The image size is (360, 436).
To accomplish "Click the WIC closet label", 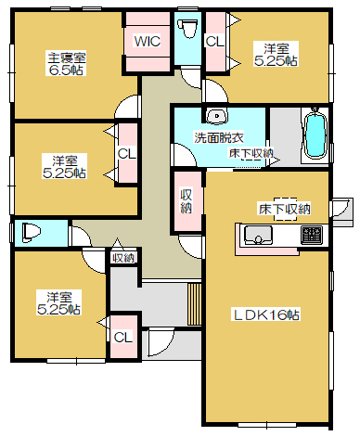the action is click(x=148, y=41).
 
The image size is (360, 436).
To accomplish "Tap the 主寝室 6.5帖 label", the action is click(x=66, y=64).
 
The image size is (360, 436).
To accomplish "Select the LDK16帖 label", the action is click(x=265, y=314).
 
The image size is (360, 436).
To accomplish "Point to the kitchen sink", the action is click(x=258, y=235).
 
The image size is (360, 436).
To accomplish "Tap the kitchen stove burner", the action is click(x=312, y=235).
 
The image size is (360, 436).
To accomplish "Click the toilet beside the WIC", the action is click(x=188, y=29).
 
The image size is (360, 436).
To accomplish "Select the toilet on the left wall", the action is click(x=32, y=233).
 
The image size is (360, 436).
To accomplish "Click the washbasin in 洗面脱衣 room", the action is click(x=216, y=117).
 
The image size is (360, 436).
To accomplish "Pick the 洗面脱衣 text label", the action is click(x=219, y=137).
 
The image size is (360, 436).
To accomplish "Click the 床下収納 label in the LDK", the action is click(x=285, y=209).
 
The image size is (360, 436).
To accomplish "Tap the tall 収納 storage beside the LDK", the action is click(x=187, y=201).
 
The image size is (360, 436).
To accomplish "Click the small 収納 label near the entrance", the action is click(x=123, y=258).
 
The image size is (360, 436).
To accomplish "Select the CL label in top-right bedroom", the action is click(x=214, y=41).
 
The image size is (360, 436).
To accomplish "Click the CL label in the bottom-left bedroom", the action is click(x=122, y=338).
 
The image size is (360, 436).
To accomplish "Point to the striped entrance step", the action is click(x=194, y=303).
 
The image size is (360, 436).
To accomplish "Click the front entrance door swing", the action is click(x=160, y=343).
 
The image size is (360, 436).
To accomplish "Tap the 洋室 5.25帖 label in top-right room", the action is click(x=276, y=55).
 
